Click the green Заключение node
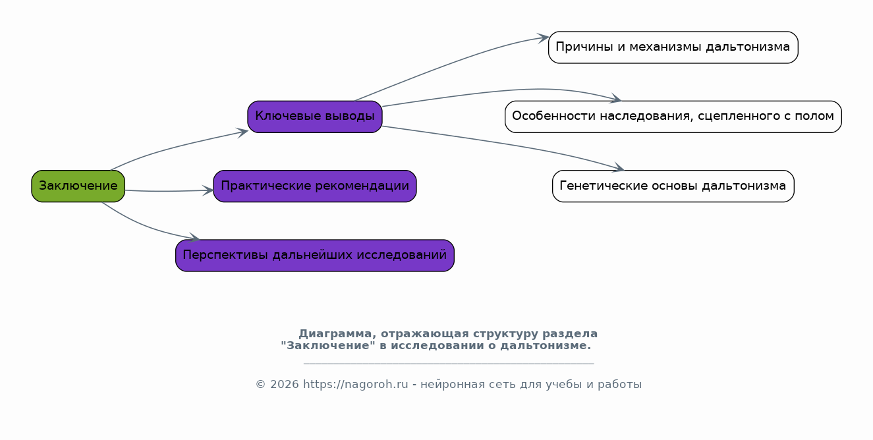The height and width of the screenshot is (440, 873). [x=78, y=186]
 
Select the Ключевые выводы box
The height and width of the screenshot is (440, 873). [x=315, y=117]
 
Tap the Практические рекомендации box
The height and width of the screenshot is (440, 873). [x=315, y=186]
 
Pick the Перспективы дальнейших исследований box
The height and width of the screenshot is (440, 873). [x=315, y=256]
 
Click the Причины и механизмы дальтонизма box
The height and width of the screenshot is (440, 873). [x=673, y=47]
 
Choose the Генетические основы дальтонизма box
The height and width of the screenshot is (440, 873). [x=673, y=186]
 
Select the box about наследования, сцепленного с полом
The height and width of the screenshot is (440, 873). [x=673, y=117]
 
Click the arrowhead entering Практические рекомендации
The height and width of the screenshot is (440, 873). [x=208, y=190]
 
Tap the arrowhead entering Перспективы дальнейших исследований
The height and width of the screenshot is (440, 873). [x=194, y=238]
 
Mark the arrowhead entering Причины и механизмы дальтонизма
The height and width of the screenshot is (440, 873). [x=544, y=38]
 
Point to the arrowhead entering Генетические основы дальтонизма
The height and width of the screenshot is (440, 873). [x=619, y=167]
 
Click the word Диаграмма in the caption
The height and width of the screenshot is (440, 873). [x=335, y=334]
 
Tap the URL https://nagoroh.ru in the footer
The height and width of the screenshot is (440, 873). [x=355, y=385]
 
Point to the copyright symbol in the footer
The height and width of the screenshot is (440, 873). [x=260, y=385]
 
